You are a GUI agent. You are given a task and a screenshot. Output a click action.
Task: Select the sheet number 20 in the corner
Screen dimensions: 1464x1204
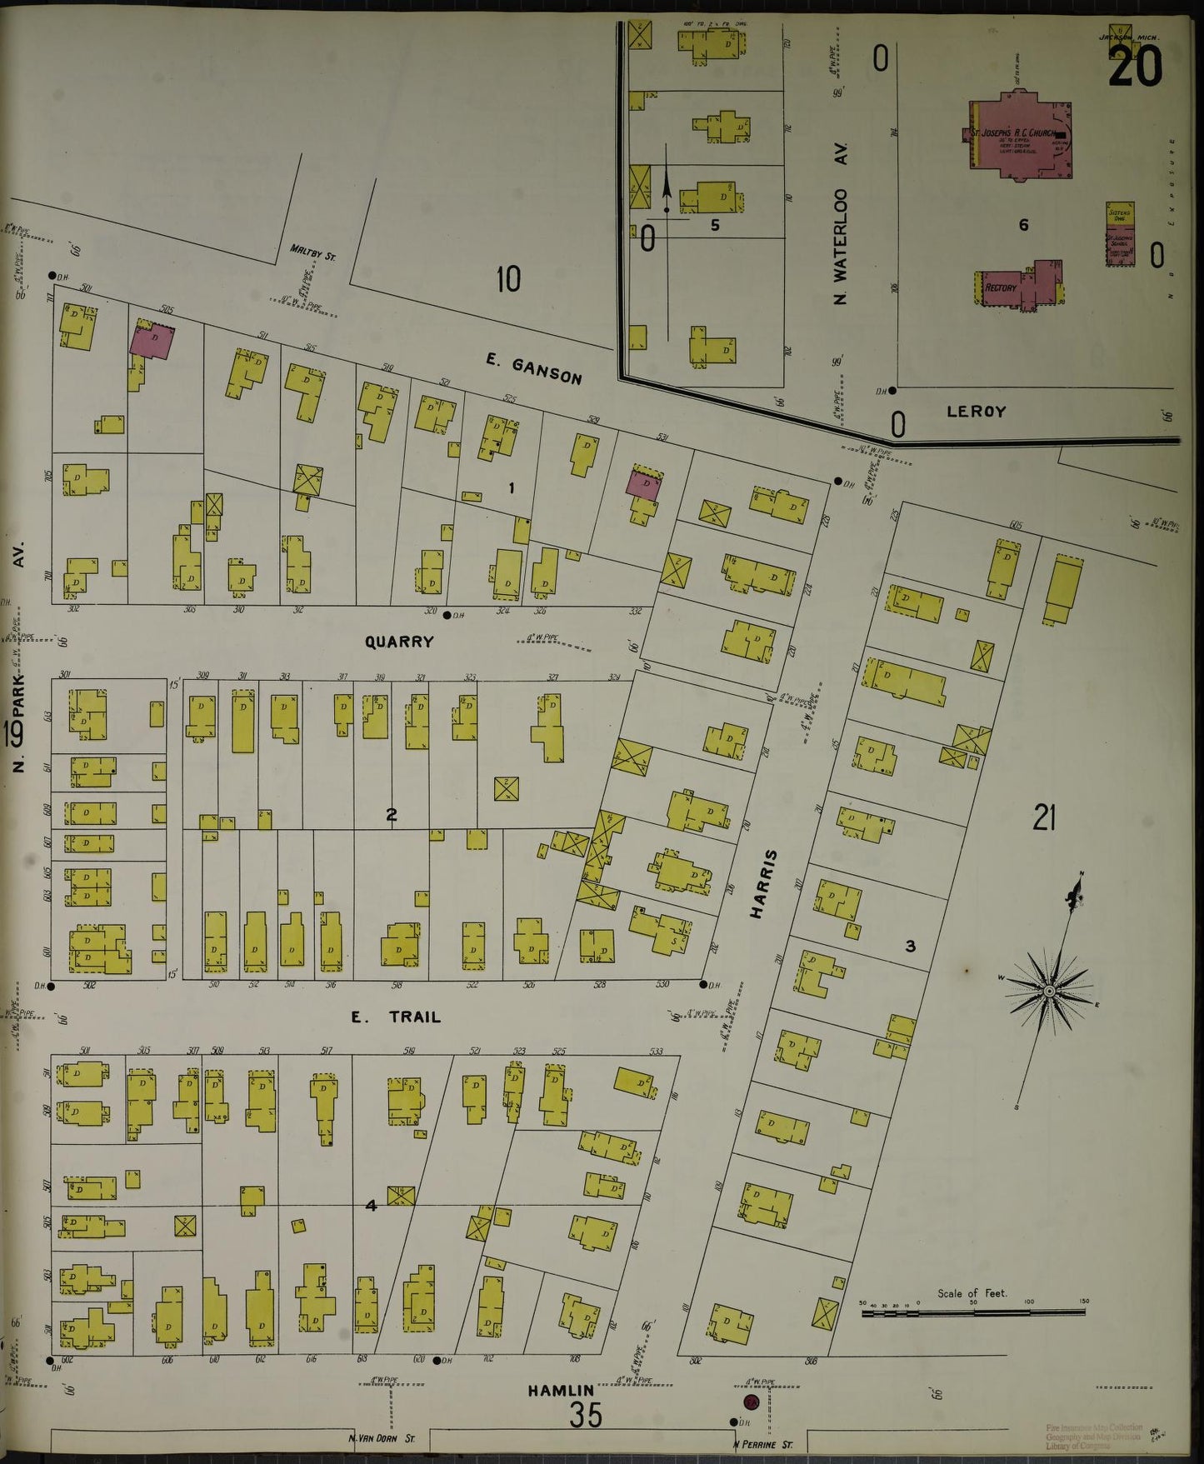point(1134,66)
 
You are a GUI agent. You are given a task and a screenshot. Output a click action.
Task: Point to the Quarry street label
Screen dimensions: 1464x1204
point(399,642)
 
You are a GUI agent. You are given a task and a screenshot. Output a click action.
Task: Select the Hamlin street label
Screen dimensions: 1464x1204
point(561,1390)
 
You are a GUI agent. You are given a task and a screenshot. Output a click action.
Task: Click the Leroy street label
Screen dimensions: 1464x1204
point(976,412)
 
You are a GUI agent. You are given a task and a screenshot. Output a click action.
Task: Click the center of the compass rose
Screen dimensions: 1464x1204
point(1049,990)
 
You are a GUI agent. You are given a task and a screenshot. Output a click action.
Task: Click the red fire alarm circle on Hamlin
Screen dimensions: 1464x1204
point(751,1402)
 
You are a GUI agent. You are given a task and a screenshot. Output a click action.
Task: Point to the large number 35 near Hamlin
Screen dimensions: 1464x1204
point(586,1414)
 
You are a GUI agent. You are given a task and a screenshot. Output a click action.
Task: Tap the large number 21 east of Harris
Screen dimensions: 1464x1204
point(1044,819)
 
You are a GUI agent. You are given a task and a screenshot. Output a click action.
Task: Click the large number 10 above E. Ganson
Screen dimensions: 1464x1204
point(508,279)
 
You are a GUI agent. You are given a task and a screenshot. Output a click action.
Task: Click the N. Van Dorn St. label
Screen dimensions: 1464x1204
point(388,1438)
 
